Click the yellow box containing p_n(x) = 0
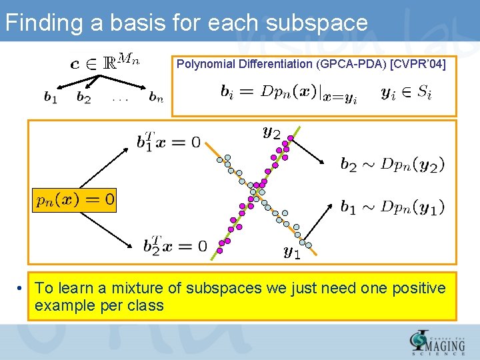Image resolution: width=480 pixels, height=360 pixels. (x=74, y=199)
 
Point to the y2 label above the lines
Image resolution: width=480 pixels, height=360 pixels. (x=271, y=133)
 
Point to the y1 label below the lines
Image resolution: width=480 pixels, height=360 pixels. (x=292, y=253)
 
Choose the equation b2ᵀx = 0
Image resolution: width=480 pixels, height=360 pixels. (x=175, y=245)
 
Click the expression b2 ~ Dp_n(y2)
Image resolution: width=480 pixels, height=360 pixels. (x=393, y=164)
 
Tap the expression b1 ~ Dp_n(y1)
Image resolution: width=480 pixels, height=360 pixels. (x=393, y=207)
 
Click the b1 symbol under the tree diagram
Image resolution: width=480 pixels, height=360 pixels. (x=50, y=98)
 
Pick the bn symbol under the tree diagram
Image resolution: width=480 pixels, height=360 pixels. (x=156, y=98)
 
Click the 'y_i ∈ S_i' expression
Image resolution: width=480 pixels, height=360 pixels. (x=406, y=93)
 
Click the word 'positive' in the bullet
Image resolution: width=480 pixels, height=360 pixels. (x=418, y=288)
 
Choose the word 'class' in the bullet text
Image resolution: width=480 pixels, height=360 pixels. (x=145, y=305)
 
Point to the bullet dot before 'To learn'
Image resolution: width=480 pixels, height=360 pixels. (x=22, y=289)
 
